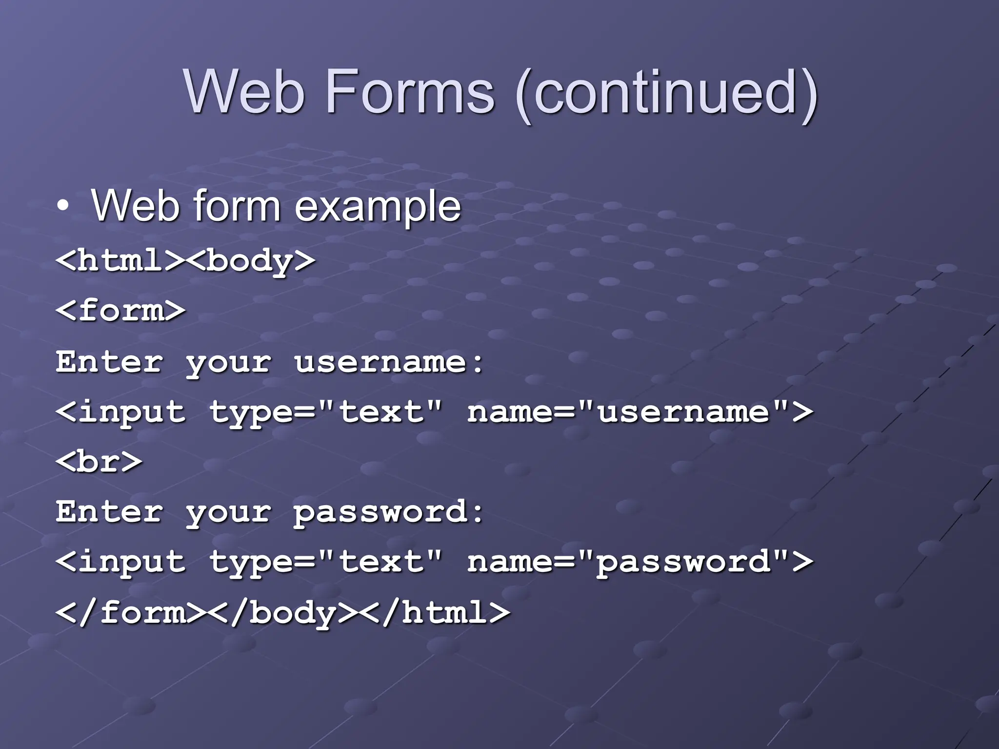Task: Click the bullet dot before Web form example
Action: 62,207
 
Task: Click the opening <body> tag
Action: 252,261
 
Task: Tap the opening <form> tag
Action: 120,311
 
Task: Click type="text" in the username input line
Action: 326,412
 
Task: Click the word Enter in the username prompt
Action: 109,362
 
